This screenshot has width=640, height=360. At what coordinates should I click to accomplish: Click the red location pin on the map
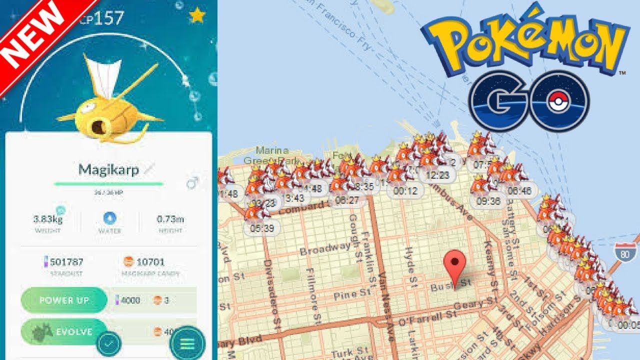point(455,265)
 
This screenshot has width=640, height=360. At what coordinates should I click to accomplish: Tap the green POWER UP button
point(64,300)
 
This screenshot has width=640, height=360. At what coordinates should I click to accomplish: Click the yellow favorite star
point(197,16)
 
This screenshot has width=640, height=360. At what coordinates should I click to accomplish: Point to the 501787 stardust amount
point(67,261)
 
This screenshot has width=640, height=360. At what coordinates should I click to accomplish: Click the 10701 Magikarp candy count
point(150,261)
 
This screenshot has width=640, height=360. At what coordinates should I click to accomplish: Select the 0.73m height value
point(170,219)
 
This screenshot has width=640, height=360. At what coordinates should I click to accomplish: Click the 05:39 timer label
point(262,228)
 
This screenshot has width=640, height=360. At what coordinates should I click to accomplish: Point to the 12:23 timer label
point(437,174)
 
